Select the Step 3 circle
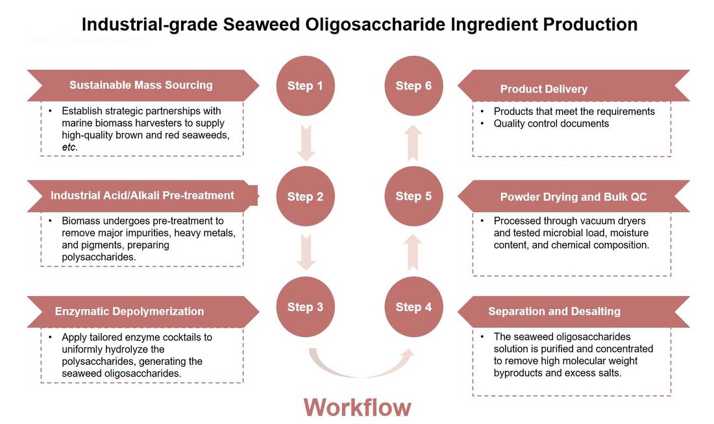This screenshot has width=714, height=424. click(x=305, y=307)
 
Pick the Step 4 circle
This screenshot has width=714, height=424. click(x=413, y=307)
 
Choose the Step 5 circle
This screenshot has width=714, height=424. click(x=413, y=196)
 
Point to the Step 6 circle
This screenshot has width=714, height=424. click(x=413, y=86)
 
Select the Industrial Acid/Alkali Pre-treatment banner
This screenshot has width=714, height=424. click(x=143, y=195)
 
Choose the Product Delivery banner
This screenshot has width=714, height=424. click(x=571, y=89)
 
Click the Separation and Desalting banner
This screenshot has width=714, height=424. click(x=571, y=312)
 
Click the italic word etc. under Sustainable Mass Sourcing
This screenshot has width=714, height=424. click(x=69, y=147)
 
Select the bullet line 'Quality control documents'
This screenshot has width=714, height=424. click(x=551, y=123)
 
